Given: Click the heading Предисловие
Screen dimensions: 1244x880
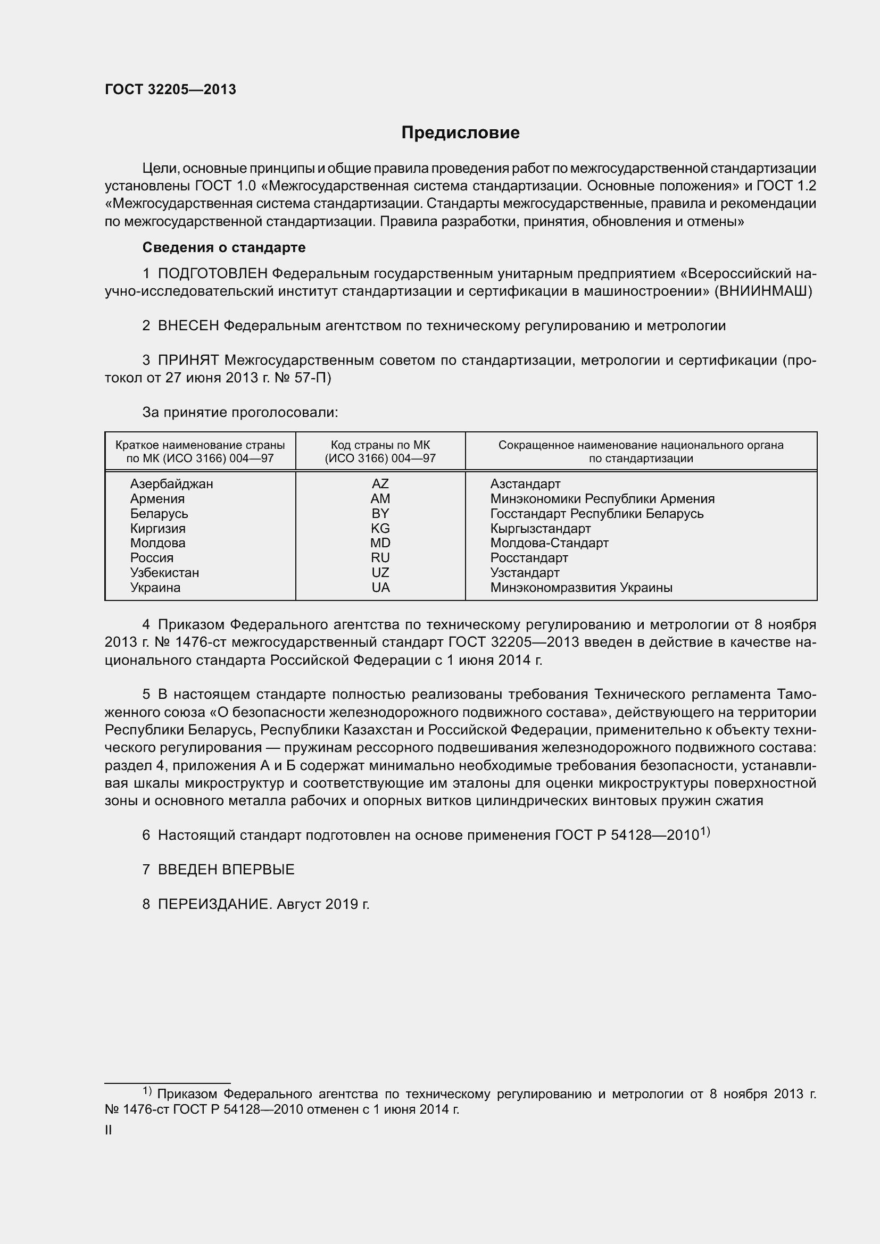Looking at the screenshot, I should click(x=460, y=133).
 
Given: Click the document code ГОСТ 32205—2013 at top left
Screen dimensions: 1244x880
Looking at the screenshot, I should click(x=170, y=90).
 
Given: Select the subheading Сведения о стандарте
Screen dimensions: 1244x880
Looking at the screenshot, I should click(x=224, y=248).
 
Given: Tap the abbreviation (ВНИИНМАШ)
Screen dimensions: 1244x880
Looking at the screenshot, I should click(x=763, y=291).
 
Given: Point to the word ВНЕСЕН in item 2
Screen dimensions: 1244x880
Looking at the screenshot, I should click(x=188, y=326).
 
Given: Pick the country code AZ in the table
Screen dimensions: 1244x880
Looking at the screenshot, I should click(x=380, y=484).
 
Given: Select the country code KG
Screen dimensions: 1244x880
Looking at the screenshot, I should click(x=380, y=528).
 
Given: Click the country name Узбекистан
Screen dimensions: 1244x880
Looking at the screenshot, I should click(x=164, y=573).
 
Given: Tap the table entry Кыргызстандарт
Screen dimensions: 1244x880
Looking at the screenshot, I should click(x=540, y=528).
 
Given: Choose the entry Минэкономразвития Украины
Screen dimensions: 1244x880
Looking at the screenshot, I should click(x=581, y=588).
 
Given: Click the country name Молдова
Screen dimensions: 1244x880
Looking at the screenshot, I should click(x=157, y=543).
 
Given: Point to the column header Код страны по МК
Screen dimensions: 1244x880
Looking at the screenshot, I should click(x=380, y=445).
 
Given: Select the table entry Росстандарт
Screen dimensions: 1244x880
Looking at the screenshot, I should click(x=529, y=558).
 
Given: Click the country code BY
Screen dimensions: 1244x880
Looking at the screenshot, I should click(x=380, y=514).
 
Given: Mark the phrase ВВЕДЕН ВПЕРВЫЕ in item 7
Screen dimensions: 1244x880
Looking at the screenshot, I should click(x=226, y=870).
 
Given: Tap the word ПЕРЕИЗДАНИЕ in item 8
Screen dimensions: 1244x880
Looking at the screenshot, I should click(x=214, y=904).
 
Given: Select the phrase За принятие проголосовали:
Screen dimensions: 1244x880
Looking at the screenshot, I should click(x=240, y=413).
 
